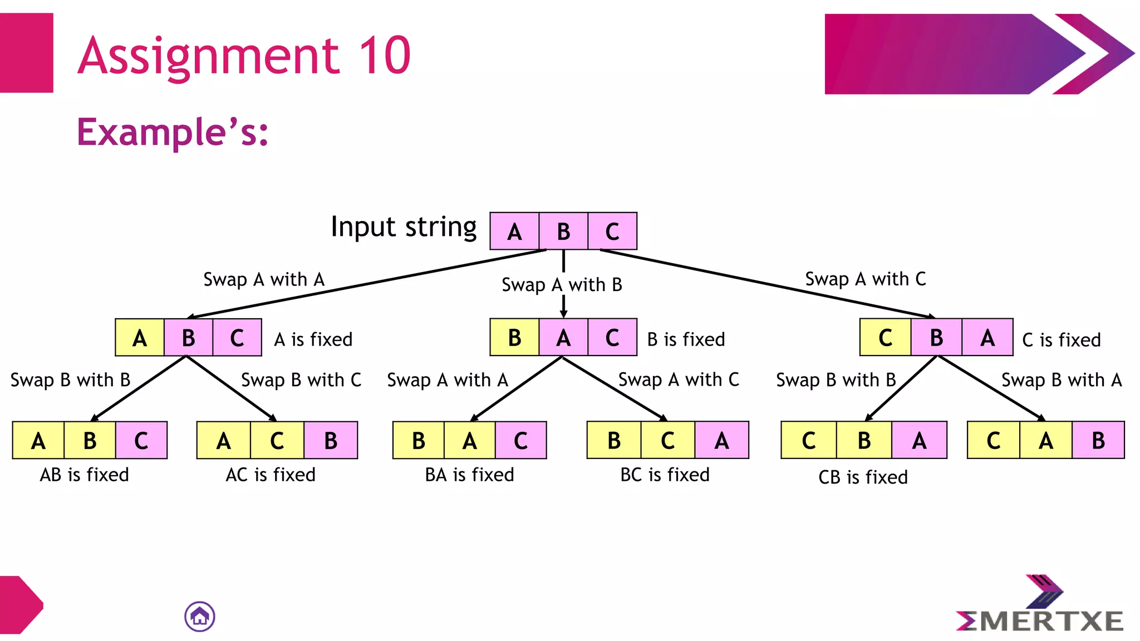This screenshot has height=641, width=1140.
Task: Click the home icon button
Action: pos(200,617)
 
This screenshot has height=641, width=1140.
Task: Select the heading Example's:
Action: pos(173,132)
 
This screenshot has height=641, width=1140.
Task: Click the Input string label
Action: pos(404,227)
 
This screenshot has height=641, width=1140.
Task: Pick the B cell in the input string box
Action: pos(563,231)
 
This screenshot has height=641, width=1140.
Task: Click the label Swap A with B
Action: pos(562,285)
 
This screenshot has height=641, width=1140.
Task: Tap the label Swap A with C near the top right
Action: pos(866,279)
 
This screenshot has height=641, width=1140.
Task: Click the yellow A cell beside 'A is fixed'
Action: pos(140,338)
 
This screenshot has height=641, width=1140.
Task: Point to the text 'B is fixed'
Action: pos(686,339)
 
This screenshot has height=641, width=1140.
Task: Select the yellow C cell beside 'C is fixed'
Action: pos(885,338)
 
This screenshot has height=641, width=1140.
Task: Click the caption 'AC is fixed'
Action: pos(271,475)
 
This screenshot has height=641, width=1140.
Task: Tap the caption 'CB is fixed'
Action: pos(863,477)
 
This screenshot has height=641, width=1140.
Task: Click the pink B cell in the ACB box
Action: pos(331,441)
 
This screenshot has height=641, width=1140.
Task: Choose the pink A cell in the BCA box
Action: pos(721,441)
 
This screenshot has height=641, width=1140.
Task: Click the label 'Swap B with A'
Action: pos(1062,380)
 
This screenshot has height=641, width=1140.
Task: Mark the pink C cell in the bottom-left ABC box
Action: pos(141,441)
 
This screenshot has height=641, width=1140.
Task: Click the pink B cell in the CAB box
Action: pos(1098,441)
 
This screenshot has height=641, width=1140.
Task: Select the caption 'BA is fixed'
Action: pos(469,475)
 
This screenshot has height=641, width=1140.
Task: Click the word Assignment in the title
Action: pos(209,55)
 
